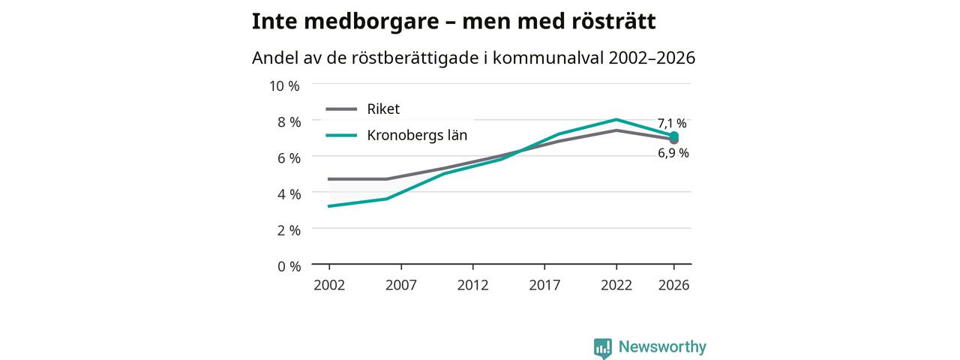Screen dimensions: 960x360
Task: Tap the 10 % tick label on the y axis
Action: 284,86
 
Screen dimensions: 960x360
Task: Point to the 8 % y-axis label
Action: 289,122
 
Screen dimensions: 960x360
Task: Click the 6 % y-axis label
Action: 289,158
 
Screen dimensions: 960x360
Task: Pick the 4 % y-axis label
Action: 289,194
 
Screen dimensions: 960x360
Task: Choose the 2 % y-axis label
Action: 289,230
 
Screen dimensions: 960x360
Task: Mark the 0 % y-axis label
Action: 289,266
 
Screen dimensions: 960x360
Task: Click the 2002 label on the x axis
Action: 329,286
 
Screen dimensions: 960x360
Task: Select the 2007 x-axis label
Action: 400,286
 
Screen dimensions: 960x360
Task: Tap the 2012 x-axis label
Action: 472,286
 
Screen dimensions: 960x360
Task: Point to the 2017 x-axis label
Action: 544,286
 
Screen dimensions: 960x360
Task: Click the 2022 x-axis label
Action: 616,286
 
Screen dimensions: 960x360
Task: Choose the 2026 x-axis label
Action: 673,286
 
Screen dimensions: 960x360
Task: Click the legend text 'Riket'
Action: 383,109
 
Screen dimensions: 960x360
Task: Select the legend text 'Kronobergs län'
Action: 417,136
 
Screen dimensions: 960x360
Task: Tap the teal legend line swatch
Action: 341,136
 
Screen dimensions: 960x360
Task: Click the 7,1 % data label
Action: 672,124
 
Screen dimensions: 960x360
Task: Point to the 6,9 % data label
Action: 673,153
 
